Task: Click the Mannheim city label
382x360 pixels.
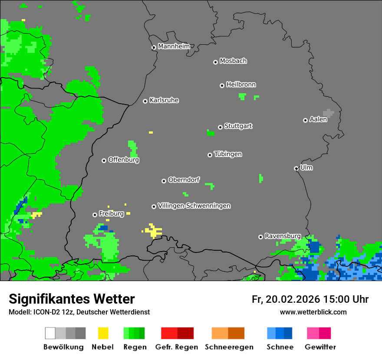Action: pyautogui.click(x=174, y=46)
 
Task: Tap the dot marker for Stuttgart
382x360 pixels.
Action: pyautogui.click(x=220, y=127)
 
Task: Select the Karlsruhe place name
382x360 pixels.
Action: pyautogui.click(x=164, y=100)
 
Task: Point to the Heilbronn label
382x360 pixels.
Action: pyautogui.click(x=241, y=85)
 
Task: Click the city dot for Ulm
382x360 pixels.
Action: pyautogui.click(x=296, y=168)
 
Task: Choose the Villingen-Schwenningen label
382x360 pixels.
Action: pyautogui.click(x=194, y=206)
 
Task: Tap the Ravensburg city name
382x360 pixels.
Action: pyautogui.click(x=283, y=236)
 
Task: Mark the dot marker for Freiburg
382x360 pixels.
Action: pyautogui.click(x=95, y=215)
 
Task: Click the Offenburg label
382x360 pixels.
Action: pyautogui.click(x=123, y=160)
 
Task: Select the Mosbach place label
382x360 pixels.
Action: pyautogui.click(x=233, y=61)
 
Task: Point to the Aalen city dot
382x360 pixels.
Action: pyautogui.click(x=305, y=120)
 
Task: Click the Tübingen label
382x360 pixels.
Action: pyautogui.click(x=228, y=154)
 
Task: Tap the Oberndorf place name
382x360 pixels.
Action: pyautogui.click(x=184, y=180)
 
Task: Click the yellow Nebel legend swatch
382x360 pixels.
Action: pyautogui.click(x=103, y=333)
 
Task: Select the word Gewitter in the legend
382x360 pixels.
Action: pyautogui.click(x=320, y=347)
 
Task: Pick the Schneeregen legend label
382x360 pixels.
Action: pyautogui.click(x=229, y=347)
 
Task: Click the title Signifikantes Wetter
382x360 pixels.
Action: pyautogui.click(x=72, y=299)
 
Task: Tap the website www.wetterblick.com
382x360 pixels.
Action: pyautogui.click(x=313, y=312)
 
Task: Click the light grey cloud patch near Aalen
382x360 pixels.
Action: pyautogui.click(x=329, y=113)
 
